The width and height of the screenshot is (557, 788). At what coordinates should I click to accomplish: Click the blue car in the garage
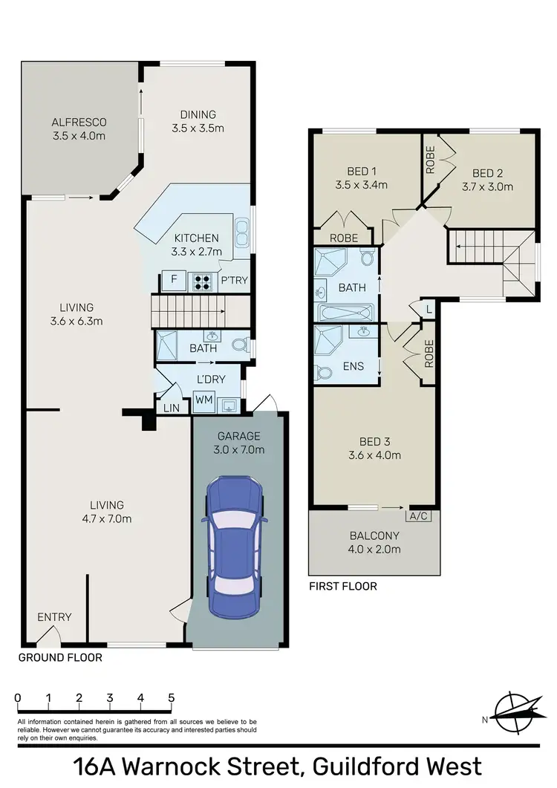(x=235, y=546)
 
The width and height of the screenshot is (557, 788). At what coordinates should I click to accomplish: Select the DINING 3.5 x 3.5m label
(x=198, y=121)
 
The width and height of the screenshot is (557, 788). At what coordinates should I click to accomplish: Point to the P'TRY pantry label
(x=234, y=280)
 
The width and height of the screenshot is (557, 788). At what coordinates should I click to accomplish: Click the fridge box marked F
(x=174, y=281)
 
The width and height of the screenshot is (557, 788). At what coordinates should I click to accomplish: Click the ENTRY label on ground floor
(x=54, y=617)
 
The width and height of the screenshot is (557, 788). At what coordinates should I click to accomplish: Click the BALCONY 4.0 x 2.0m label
(x=375, y=542)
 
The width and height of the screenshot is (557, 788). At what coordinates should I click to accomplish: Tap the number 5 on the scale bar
(x=172, y=698)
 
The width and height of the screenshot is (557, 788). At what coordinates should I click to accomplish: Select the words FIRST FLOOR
(x=343, y=586)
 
